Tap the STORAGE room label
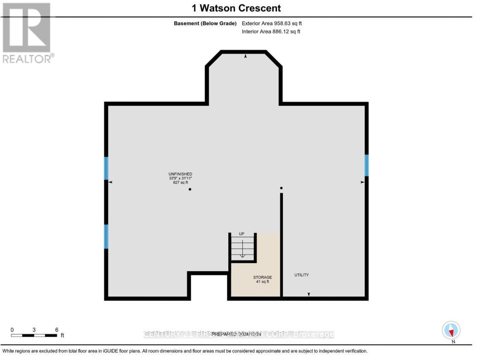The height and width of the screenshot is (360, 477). [262, 278]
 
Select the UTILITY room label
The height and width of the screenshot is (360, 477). [301, 275]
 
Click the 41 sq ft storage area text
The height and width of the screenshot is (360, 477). [262, 282]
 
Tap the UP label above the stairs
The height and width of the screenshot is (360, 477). [241, 234]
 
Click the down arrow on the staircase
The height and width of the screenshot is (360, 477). [242, 252]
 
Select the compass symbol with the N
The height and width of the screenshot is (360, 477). [451, 330]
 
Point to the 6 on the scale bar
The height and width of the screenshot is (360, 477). [56, 330]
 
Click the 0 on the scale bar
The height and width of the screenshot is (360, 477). [12, 330]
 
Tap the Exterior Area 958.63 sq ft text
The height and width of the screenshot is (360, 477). [274, 24]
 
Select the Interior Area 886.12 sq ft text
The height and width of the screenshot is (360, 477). [271, 32]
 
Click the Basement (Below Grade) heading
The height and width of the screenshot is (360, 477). [205, 24]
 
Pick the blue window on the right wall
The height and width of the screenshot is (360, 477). [366, 165]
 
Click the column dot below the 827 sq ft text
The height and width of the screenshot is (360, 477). [190, 189]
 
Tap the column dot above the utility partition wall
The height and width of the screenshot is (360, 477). [281, 188]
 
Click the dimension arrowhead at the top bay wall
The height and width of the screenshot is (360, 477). [245, 56]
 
